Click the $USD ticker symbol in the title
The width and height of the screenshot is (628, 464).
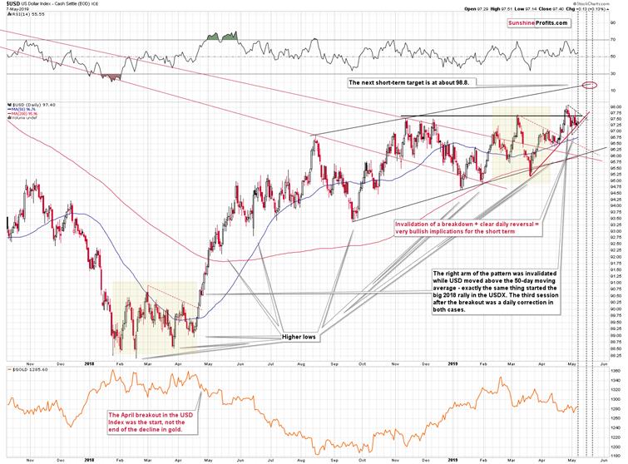[11, 5]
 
